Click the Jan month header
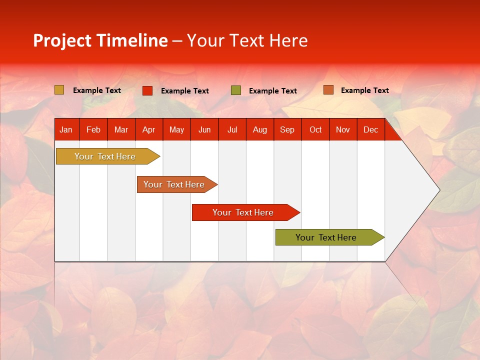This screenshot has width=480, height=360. [66, 130]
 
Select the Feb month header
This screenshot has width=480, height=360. [93, 130]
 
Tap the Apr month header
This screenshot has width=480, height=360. [148, 130]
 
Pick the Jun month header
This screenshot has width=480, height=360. [204, 130]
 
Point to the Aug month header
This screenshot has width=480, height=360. [260, 130]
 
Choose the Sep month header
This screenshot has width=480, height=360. [287, 130]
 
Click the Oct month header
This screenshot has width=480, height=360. [315, 130]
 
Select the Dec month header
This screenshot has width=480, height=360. [370, 130]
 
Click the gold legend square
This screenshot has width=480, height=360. [59, 90]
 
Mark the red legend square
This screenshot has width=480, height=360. [147, 90]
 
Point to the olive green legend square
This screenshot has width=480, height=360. [236, 90]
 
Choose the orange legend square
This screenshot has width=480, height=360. [328, 90]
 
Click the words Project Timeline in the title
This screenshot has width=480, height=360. [100, 40]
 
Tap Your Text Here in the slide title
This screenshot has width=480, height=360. [247, 40]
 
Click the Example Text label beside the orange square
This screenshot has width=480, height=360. [364, 90]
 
